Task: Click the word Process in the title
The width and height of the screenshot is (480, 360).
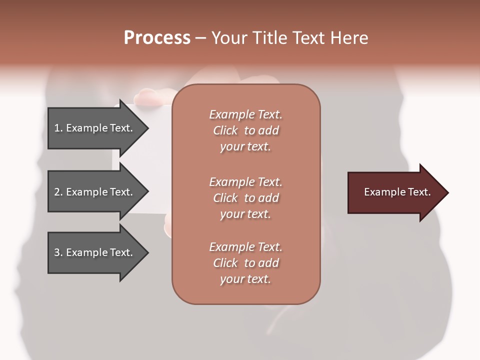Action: [157, 38]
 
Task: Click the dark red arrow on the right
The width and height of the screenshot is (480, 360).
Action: [395, 192]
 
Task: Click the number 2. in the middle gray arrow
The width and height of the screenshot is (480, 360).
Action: [58, 192]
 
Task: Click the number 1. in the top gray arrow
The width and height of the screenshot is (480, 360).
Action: [58, 128]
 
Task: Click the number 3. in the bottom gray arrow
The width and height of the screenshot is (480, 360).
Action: [58, 252]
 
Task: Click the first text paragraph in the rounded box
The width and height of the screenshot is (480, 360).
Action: [245, 130]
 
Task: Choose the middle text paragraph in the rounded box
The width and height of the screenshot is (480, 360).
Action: [245, 198]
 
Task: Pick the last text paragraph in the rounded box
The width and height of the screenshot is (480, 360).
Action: [245, 263]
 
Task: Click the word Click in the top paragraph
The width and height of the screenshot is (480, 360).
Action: [225, 131]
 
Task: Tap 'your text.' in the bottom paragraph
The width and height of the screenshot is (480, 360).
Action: [245, 279]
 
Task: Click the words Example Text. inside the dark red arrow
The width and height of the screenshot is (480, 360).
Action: [397, 192]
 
